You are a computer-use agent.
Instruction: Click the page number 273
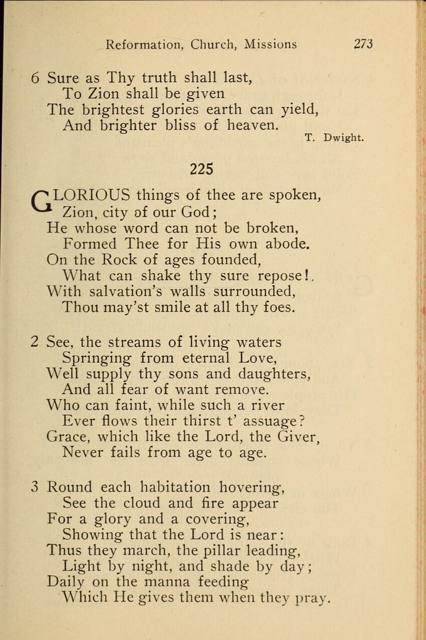pyautogui.click(x=363, y=44)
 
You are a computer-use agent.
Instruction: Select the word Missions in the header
pyautogui.click(x=270, y=45)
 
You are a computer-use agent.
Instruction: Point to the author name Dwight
pyautogui.click(x=344, y=138)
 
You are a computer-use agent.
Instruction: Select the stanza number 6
pyautogui.click(x=36, y=77)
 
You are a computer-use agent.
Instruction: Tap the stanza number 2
pyautogui.click(x=35, y=342)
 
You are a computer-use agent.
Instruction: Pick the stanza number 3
pyautogui.click(x=35, y=486)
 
